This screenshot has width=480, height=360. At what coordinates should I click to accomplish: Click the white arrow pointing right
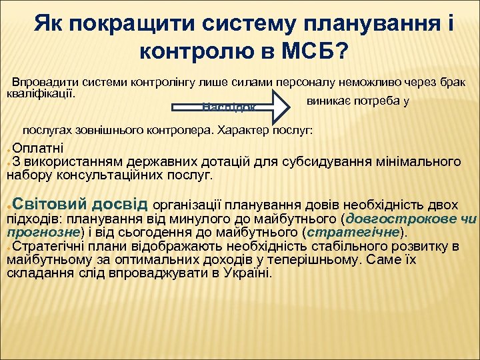(230, 107)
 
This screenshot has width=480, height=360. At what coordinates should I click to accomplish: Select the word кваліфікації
(40, 91)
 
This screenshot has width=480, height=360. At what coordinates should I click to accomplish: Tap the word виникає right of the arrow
(325, 101)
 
